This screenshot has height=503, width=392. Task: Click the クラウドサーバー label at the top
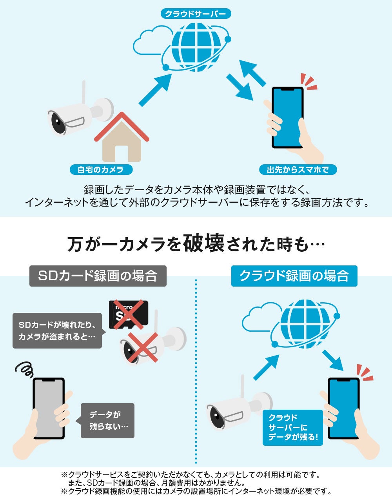(x=196, y=14)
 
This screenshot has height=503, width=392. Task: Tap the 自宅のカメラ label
(x=101, y=170)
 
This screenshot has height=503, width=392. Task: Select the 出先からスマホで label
(x=298, y=170)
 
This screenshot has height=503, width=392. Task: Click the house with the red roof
(x=122, y=137)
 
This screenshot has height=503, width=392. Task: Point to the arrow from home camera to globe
(x=155, y=90)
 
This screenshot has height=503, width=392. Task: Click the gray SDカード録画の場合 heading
(x=98, y=276)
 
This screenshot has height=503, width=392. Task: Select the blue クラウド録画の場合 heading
(x=294, y=276)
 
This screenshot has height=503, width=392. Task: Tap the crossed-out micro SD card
(x=129, y=314)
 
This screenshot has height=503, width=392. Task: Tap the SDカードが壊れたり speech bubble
(x=58, y=331)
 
